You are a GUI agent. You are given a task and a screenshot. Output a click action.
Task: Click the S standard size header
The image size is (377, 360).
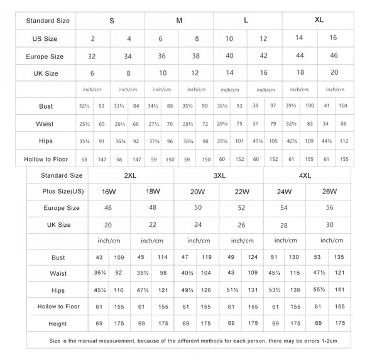click(111, 21)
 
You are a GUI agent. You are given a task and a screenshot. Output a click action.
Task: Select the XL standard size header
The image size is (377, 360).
click(319, 21)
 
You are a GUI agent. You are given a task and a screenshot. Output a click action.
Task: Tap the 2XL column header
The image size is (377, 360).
click(131, 176)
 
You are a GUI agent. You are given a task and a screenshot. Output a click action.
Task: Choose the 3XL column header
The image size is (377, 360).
click(219, 176)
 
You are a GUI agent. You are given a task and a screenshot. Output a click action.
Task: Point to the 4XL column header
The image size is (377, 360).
click(305, 176)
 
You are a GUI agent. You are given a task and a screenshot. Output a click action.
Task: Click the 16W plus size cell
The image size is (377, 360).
click(109, 192)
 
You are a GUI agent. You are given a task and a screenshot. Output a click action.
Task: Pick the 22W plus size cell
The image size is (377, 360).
click(241, 192)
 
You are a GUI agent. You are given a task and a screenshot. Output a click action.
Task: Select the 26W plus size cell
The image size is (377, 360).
click(328, 192)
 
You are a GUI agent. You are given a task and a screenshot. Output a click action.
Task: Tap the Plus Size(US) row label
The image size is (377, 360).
click(63, 192)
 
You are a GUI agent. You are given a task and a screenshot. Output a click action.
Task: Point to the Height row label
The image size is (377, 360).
click(58, 324)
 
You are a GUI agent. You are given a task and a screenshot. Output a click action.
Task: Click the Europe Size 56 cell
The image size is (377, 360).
click(328, 208)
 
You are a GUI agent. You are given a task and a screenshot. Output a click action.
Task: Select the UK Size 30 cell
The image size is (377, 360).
click(328, 224)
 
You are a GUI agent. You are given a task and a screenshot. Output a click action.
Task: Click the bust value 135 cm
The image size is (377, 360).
click(339, 258)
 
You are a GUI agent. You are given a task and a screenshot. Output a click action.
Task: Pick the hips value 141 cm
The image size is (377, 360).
click(339, 290)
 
